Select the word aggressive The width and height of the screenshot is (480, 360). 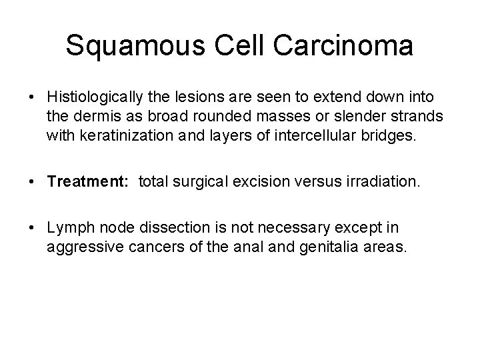point(81,248)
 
